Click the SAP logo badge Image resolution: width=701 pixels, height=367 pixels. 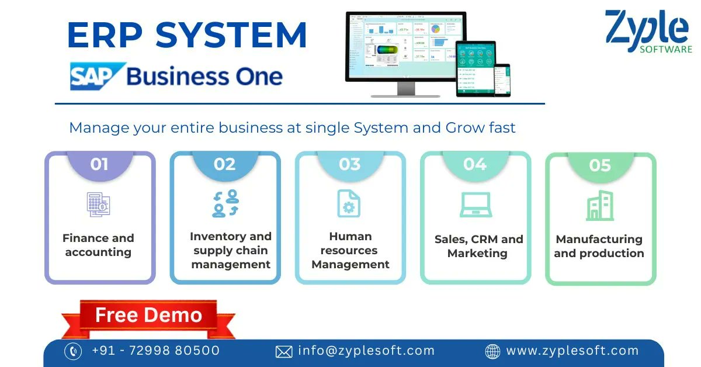[x=97, y=77]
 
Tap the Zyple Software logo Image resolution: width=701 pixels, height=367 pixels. [x=648, y=32]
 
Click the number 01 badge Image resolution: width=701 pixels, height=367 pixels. [x=99, y=165]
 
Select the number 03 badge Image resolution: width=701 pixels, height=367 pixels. [x=349, y=165]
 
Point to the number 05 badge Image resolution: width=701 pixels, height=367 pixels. [x=600, y=166]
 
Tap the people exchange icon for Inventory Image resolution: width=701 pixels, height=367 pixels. [x=225, y=203]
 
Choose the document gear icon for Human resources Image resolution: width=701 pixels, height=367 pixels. [x=349, y=203]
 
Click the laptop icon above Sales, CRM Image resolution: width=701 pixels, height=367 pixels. [x=475, y=205]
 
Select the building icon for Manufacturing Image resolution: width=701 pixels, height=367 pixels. [x=599, y=205]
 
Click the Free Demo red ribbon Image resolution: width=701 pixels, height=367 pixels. [x=148, y=316]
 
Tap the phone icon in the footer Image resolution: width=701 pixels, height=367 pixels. [x=72, y=351]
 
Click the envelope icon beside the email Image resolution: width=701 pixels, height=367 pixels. [x=283, y=351]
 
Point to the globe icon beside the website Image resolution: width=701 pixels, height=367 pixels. [x=493, y=351]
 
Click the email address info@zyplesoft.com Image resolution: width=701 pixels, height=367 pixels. [x=366, y=351]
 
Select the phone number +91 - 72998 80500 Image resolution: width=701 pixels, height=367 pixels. [x=155, y=351]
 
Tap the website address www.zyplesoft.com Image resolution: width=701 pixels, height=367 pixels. [x=572, y=351]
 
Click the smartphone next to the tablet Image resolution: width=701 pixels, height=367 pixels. [x=502, y=80]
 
